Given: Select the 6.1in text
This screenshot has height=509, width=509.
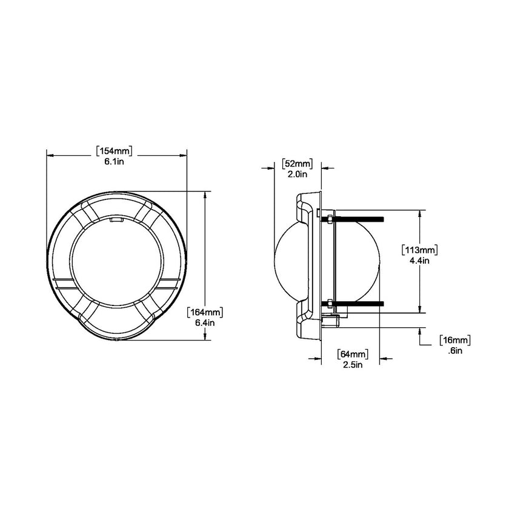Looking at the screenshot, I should [x=115, y=162].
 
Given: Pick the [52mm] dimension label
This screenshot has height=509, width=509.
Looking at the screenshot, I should [x=297, y=163].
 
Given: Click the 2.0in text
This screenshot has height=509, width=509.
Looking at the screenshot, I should [x=297, y=174].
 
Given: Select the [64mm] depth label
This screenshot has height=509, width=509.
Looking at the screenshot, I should [x=352, y=353].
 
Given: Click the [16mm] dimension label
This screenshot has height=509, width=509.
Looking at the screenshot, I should [x=454, y=339].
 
